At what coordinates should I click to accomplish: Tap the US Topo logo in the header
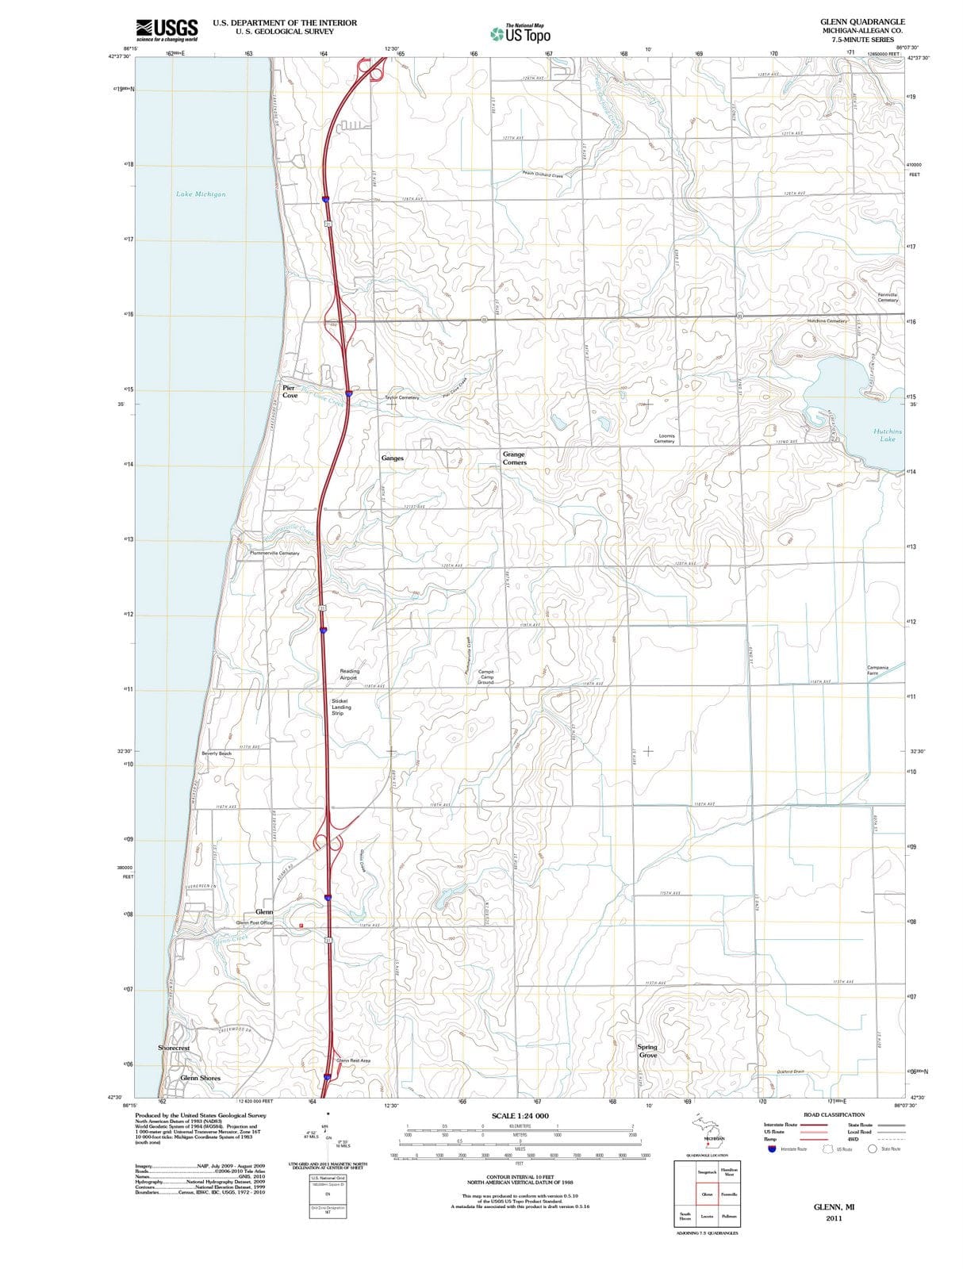[x=520, y=34]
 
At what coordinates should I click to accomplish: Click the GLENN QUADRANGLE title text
[x=862, y=21]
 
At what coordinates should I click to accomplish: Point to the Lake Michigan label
[x=201, y=194]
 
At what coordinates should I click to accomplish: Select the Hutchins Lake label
[x=887, y=435]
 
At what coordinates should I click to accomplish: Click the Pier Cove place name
[x=290, y=392]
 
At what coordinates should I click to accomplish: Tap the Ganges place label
[x=392, y=458]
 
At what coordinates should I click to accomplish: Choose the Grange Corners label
[x=514, y=458]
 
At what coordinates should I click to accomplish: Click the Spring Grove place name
[x=647, y=1051]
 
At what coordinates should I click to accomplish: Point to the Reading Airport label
[x=349, y=674]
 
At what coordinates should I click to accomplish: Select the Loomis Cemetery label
[x=665, y=439]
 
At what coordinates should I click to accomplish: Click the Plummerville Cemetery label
[x=274, y=553]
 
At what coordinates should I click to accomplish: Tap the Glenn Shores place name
[x=200, y=1078]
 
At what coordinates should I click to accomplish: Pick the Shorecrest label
[x=174, y=1048]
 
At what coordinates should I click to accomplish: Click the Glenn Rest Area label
[x=354, y=1060]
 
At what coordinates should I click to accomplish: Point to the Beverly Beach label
[x=217, y=753]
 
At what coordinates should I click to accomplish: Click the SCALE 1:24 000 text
[x=520, y=1116]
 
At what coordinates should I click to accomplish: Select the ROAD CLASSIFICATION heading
[x=834, y=1114]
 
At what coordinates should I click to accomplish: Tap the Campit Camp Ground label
[x=485, y=677]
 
